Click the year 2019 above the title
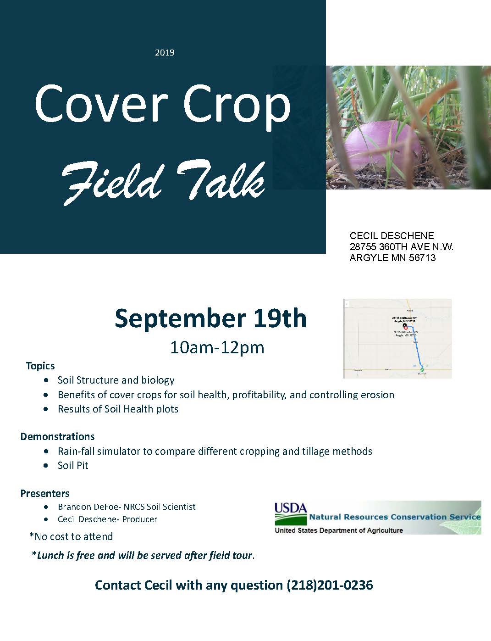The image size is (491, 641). tap(165, 53)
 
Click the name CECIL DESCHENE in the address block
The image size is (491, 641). tap(392, 236)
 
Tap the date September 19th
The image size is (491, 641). tap(210, 318)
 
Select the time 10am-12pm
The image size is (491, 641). tap(217, 347)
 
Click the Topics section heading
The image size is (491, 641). tap(40, 366)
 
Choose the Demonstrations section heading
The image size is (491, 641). tap(57, 436)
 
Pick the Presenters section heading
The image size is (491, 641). tap(45, 493)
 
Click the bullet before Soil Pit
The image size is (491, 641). tap(46, 465)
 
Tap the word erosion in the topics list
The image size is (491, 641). tap(377, 395)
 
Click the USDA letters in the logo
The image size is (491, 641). tap(291, 508)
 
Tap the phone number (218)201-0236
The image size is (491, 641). tap(330, 585)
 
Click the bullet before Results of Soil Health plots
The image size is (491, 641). tap(46, 409)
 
